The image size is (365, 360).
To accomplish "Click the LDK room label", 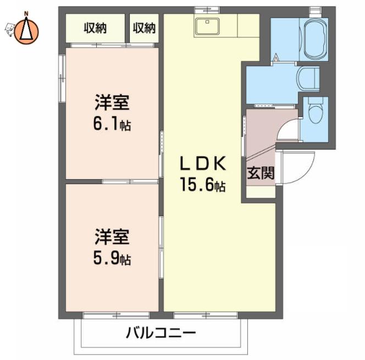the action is click(203, 163).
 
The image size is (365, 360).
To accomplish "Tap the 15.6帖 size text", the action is click(203, 185).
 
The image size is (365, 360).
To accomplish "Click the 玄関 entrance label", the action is click(261, 173).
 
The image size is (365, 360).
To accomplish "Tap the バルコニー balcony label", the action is click(161, 333).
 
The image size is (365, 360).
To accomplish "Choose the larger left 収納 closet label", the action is click(95, 28).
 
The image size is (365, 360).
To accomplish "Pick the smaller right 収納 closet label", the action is click(144, 28).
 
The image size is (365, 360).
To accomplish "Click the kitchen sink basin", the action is click(207, 26).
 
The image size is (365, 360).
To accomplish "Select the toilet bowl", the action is click(316, 110).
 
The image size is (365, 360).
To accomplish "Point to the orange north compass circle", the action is click(26, 32).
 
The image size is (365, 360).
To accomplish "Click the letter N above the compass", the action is click(26, 14).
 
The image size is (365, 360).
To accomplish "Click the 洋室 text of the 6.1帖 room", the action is click(112, 103).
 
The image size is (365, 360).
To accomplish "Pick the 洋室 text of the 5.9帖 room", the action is click(112, 237).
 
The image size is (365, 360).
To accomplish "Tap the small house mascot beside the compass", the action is click(9, 29).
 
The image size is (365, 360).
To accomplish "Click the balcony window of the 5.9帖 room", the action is click(117, 315).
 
